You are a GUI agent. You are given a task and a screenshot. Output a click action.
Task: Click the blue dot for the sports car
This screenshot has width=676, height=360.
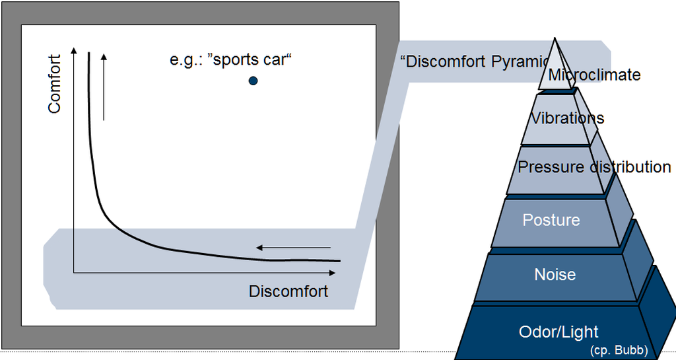tap(253, 81)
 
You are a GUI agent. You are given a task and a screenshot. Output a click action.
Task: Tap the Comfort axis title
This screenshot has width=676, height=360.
tap(54, 84)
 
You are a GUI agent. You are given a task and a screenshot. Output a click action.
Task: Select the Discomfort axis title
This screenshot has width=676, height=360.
tap(288, 291)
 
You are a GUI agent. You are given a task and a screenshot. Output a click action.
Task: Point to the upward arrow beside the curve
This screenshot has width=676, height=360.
tap(104, 86)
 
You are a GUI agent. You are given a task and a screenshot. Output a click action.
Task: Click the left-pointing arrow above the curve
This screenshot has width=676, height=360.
tap(292, 248)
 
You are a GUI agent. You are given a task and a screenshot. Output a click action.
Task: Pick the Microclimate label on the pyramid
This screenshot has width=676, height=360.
tap(594, 75)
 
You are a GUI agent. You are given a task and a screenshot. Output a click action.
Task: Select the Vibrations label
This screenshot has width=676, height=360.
tap(568, 118)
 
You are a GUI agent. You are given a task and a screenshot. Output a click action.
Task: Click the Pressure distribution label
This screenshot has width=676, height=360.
tap(594, 166)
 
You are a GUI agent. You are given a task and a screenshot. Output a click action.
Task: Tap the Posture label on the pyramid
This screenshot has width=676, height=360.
tap(551, 220)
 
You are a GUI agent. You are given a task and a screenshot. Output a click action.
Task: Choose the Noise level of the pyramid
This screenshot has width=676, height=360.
tap(555, 274)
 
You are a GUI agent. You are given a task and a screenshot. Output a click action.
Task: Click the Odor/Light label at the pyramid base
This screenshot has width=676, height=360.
tap(558, 332)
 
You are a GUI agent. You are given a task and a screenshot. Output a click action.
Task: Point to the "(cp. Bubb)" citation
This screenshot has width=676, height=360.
tap(618, 350)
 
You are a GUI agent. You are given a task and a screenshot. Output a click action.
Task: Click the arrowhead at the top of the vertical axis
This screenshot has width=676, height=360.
tap(74, 51)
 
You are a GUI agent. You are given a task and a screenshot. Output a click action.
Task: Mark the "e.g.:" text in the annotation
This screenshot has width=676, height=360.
tap(186, 60)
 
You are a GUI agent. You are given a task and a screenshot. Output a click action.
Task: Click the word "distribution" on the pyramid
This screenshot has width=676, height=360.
tap(630, 166)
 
